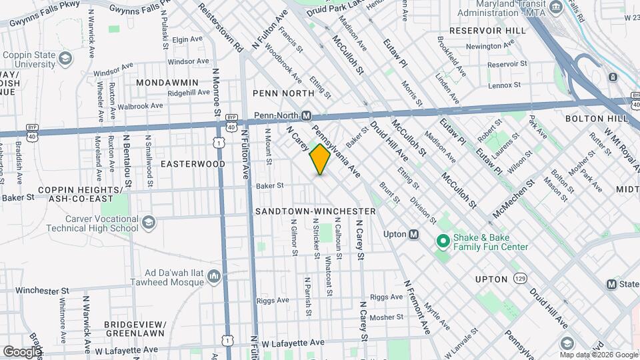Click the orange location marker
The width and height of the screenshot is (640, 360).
pos(320,159)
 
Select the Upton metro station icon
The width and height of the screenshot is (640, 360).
pos(414,234)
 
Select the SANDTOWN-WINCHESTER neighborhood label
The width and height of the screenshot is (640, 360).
pos(315,211)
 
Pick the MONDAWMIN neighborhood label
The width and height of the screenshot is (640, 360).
pos(167,82)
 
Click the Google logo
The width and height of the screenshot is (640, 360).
pos(22,351)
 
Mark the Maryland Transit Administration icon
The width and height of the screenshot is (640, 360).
pos(555,9)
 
